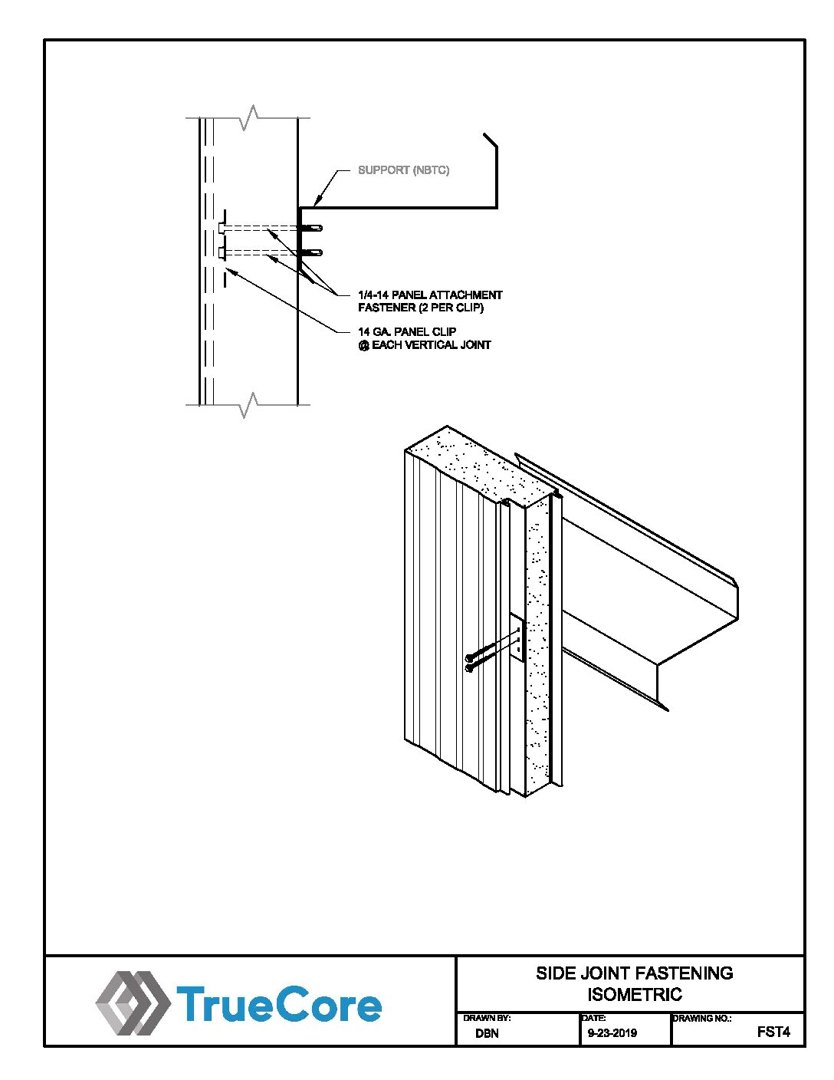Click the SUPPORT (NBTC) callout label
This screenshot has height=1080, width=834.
(404, 170)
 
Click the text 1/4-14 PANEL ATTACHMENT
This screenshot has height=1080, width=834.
(430, 295)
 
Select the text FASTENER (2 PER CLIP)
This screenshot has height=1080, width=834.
(421, 308)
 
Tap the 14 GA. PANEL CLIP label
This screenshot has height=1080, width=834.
(407, 331)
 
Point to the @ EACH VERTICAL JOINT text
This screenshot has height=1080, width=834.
(425, 345)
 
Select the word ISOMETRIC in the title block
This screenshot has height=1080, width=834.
(634, 995)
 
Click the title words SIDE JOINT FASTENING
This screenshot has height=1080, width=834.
(634, 973)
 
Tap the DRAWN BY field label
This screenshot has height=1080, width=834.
(487, 1019)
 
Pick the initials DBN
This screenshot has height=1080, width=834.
(487, 1033)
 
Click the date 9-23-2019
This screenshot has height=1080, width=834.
(612, 1033)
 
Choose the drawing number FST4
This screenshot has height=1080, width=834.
(773, 1032)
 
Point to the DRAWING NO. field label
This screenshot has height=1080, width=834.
(701, 1019)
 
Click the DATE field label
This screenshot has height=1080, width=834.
(594, 1019)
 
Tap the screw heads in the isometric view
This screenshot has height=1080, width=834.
(470, 662)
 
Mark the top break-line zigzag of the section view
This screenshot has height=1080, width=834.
(248, 118)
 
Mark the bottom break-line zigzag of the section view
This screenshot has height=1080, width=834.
(248, 404)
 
